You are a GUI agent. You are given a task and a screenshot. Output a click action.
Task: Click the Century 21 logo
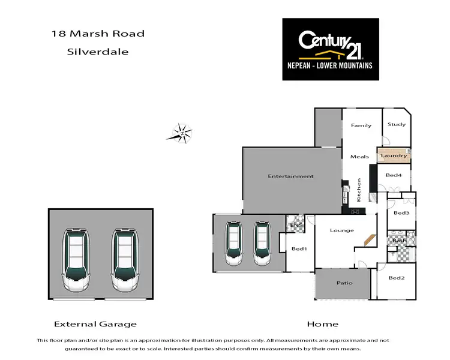click(x=331, y=49)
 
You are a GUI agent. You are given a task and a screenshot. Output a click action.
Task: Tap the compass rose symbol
click(x=179, y=133)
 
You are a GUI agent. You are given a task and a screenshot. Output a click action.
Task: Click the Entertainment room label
click(x=290, y=176)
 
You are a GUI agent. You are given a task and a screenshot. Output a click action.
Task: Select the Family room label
click(x=361, y=125)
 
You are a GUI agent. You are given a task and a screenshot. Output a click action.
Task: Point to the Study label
click(x=396, y=125)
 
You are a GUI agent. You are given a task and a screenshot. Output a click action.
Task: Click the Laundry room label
click(x=394, y=156)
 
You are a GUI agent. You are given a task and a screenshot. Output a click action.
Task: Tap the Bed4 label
click(x=394, y=175)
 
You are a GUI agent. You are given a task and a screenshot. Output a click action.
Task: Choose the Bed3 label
click(x=401, y=213)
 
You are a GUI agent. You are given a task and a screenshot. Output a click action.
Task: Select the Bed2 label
click(x=397, y=278)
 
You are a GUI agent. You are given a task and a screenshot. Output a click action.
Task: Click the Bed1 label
click(x=299, y=249)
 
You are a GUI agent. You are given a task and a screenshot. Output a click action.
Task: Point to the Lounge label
click(x=342, y=230)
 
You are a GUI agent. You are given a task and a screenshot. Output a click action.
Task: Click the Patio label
click(x=344, y=283)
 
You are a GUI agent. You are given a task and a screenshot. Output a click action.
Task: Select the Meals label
click(x=359, y=157)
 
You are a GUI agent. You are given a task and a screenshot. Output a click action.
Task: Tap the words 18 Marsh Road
click(x=97, y=34)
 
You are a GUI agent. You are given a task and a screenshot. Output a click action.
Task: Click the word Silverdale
click(x=97, y=52)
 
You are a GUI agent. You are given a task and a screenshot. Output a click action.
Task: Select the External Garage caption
click(x=95, y=324)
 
